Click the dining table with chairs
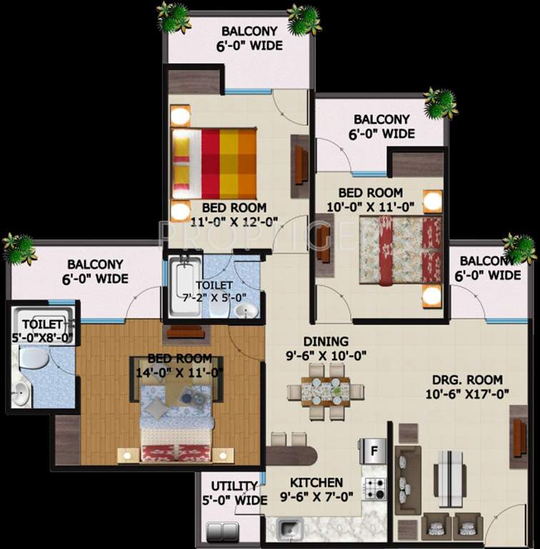[x=326, y=392]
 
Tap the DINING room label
[x=325, y=341]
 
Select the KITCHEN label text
[x=316, y=483]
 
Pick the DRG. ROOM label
[x=468, y=380]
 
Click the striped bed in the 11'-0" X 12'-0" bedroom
[x=214, y=164]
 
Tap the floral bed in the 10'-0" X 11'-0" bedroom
[x=400, y=251]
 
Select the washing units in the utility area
[x=222, y=532]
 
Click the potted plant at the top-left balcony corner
[x=174, y=17]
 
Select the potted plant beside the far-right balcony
[x=519, y=248]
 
